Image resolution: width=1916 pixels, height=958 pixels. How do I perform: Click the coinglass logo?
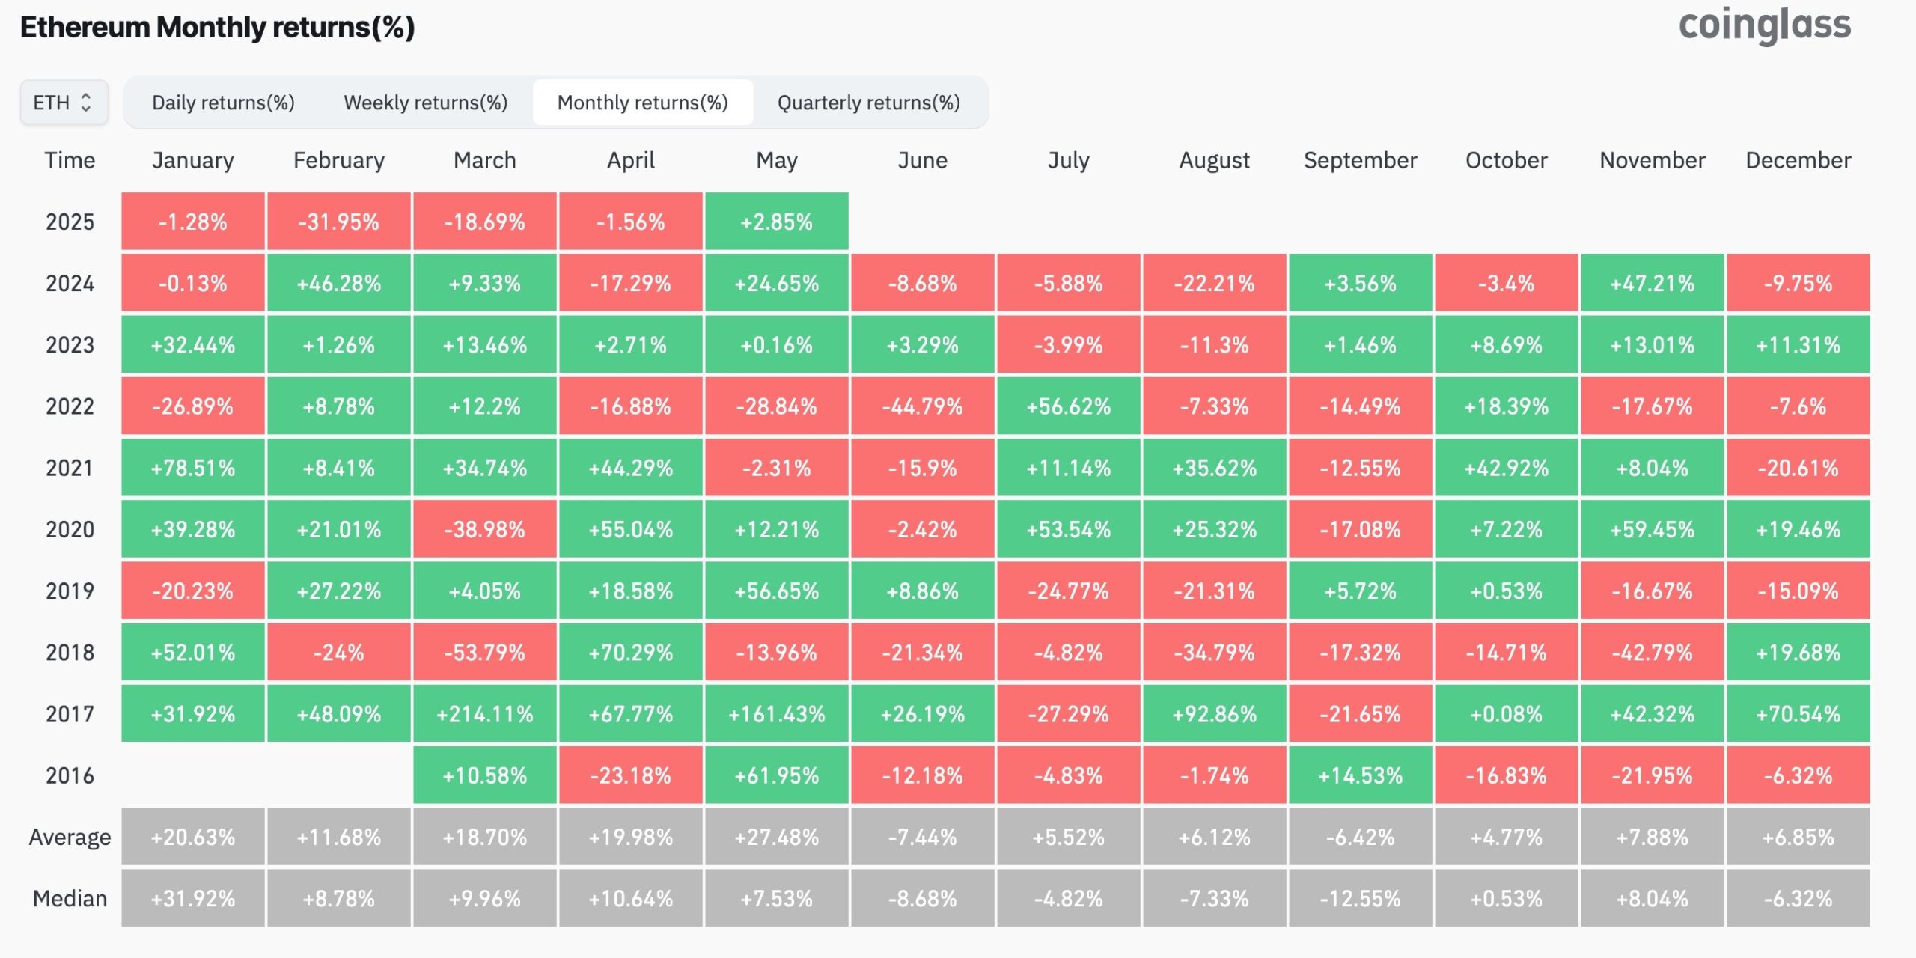(x=1764, y=25)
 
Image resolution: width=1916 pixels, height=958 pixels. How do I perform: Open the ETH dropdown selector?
(x=64, y=103)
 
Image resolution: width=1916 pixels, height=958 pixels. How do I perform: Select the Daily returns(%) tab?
(x=223, y=103)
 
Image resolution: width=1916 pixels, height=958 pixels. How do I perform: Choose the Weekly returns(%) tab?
(x=425, y=103)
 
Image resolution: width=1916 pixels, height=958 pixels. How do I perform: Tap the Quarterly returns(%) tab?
(x=868, y=103)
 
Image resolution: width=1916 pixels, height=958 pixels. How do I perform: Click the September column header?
(x=1360, y=160)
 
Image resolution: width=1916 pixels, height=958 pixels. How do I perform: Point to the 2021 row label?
(x=70, y=468)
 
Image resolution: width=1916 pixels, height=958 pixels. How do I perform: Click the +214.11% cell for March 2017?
(x=484, y=714)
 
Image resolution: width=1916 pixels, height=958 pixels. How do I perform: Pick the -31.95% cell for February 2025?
(x=338, y=222)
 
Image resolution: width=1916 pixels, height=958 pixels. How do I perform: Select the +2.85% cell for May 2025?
(x=776, y=222)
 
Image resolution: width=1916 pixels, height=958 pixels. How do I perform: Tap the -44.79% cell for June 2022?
(x=922, y=406)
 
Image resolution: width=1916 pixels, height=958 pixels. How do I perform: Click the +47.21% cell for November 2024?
(x=1652, y=284)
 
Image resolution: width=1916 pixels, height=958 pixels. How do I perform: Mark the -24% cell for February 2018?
(x=338, y=653)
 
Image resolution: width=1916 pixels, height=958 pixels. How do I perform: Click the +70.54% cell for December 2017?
(x=1798, y=714)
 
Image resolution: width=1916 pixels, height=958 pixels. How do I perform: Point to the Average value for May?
(x=776, y=837)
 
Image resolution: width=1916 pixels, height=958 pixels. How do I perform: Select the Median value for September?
(x=1360, y=898)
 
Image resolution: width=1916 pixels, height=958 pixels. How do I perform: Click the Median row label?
(x=70, y=898)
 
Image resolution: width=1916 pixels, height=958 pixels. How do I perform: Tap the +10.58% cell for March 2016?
(x=484, y=775)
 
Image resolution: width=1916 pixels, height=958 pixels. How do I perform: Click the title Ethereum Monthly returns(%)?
(x=217, y=28)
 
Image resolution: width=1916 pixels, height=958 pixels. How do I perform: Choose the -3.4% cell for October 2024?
(x=1506, y=284)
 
